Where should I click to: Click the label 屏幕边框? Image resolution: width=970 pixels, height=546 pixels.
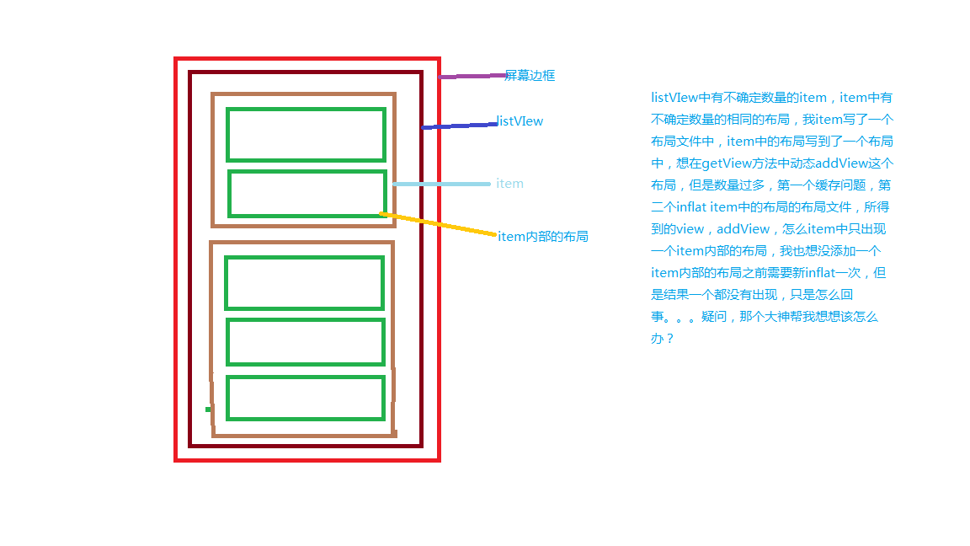tap(530, 76)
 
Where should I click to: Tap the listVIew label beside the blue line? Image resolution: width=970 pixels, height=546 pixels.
tap(520, 121)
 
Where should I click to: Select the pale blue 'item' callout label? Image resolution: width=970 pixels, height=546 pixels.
tap(509, 183)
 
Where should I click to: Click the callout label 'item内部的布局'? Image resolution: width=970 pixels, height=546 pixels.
tap(543, 237)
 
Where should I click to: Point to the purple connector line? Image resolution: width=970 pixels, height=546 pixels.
tap(472, 76)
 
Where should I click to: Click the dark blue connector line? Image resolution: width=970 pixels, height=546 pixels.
tap(460, 126)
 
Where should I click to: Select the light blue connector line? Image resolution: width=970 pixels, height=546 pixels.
tap(442, 184)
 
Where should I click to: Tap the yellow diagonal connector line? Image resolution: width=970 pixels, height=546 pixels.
tap(438, 223)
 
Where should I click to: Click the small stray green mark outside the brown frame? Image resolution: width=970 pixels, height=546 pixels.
tap(208, 409)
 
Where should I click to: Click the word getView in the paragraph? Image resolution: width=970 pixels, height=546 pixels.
tap(727, 163)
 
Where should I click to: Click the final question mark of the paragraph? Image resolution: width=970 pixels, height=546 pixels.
tap(670, 339)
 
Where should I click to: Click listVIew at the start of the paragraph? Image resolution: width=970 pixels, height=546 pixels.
tap(674, 98)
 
